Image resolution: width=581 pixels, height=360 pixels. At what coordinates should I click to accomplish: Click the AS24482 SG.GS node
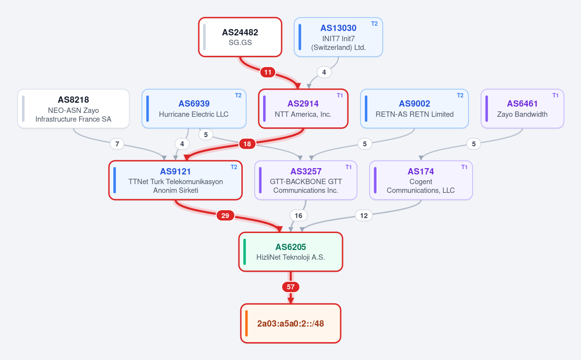click(240, 37)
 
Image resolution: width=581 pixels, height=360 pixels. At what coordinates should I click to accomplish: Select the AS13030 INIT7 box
click(338, 37)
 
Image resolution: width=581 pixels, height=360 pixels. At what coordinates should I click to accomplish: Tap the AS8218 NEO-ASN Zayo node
click(73, 109)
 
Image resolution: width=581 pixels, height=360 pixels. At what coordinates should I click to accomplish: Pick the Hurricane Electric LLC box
click(194, 109)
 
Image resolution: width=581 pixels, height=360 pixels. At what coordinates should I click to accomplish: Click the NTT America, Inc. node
click(303, 109)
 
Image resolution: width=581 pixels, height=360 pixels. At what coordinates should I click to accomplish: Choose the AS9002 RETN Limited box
click(414, 109)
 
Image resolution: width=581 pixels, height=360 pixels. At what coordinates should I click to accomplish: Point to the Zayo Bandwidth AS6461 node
click(522, 109)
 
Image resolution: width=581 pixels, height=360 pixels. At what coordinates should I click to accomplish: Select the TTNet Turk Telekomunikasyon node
click(175, 180)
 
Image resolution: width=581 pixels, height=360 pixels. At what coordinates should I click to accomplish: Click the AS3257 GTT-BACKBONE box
click(306, 180)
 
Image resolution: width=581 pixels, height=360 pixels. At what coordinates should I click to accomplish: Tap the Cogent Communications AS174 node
click(421, 180)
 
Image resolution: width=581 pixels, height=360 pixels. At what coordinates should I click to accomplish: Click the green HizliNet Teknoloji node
click(291, 252)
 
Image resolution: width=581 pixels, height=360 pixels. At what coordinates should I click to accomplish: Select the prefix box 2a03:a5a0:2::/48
click(291, 323)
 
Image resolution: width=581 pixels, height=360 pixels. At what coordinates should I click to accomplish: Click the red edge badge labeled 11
click(267, 72)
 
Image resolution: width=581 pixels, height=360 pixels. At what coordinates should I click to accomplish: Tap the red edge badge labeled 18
click(247, 144)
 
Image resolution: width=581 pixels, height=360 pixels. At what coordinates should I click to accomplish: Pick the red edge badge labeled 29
click(225, 216)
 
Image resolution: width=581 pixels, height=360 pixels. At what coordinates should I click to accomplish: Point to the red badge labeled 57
click(291, 287)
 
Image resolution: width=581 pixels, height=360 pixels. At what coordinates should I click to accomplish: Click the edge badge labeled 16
click(298, 216)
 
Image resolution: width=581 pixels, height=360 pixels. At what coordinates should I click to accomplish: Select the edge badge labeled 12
click(364, 216)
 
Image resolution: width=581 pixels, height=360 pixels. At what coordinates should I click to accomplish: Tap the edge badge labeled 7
click(117, 144)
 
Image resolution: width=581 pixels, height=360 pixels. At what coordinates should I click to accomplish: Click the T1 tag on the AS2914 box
click(340, 95)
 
